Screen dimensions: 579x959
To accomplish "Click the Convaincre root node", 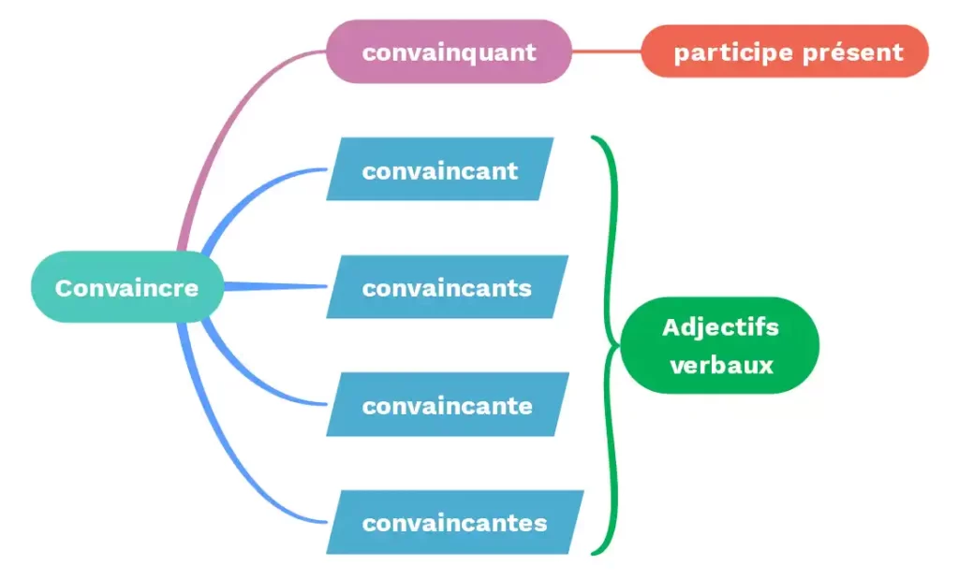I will point(127,287).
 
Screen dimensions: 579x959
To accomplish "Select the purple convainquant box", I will point(449,51).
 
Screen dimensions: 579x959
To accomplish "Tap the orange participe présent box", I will point(785,51).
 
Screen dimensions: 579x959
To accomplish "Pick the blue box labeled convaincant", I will point(440,169).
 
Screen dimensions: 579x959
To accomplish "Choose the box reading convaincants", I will point(447,287).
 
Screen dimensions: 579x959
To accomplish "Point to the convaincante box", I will point(447,405).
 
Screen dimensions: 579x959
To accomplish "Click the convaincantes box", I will point(454,522).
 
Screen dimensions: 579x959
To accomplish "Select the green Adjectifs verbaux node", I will point(720,345).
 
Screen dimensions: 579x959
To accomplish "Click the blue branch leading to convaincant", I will point(253,192).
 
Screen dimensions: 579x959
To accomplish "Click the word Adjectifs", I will point(720,327).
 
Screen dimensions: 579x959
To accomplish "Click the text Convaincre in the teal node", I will point(127,287).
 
